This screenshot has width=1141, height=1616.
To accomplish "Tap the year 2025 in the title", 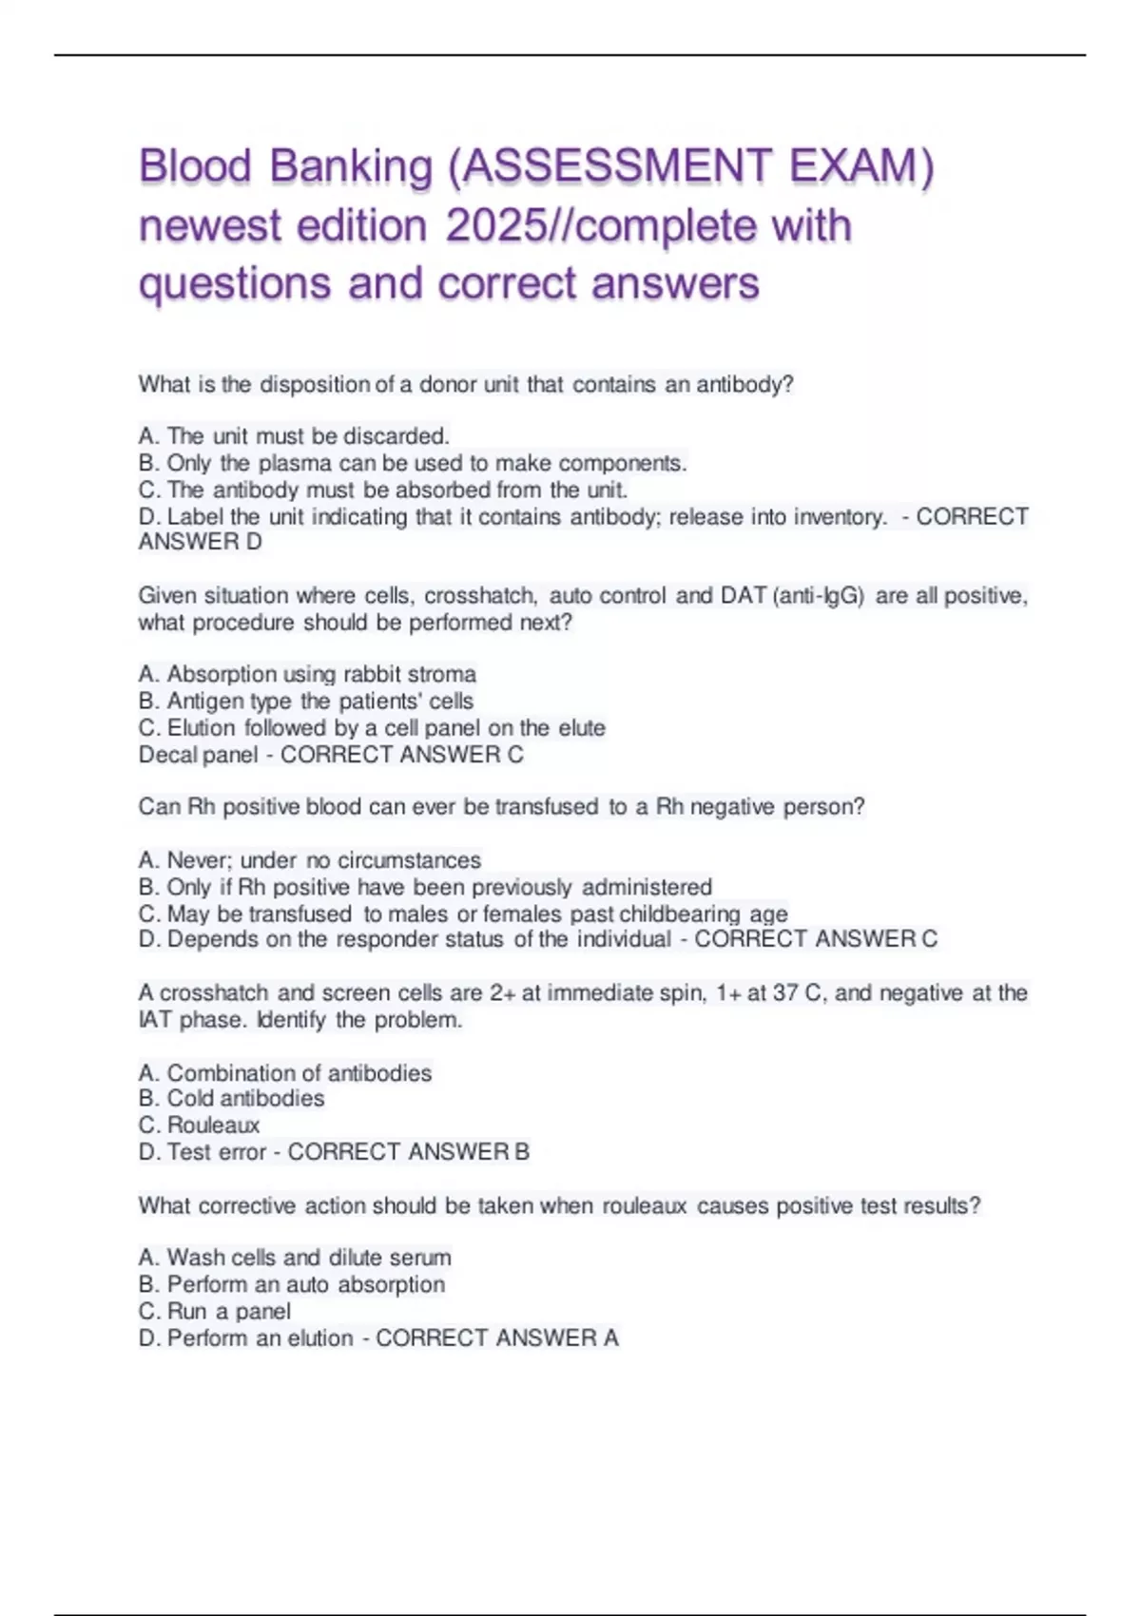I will pyautogui.click(x=494, y=226).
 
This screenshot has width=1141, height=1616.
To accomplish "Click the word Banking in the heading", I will pyautogui.click(x=351, y=166).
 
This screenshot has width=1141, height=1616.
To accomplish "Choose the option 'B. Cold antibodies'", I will pyautogui.click(x=231, y=1099).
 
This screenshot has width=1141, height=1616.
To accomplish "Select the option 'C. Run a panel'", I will pyautogui.click(x=215, y=1312).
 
